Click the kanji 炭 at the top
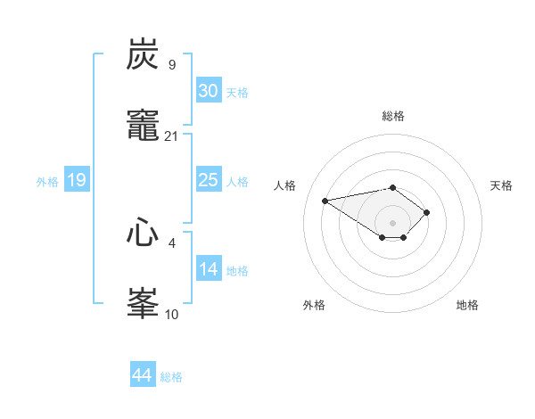pos(144,54)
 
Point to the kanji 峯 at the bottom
pos(144,303)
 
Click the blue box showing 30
pos(208,91)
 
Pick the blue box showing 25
pos(208,180)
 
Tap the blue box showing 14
pos(208,269)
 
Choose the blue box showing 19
pos(76,180)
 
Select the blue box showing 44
pos(143,375)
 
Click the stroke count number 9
pos(172,64)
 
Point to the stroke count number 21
pos(172,136)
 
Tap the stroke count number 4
pos(172,242)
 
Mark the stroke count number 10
pos(172,313)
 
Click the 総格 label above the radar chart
pos(393,116)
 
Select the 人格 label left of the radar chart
pos(286,185)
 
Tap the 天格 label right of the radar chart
pos(502,185)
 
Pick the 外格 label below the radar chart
pos(314,305)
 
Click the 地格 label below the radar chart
pos(467,305)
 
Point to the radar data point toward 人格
pos(325,200)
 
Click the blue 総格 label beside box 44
pos(171,377)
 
